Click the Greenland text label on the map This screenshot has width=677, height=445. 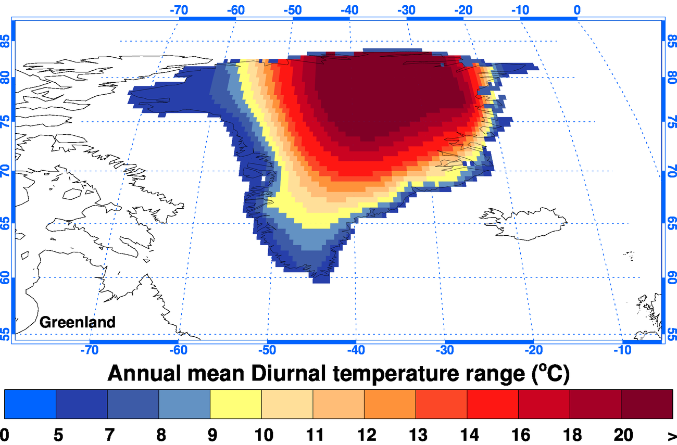[x=77, y=322]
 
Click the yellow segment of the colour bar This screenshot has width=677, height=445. [x=235, y=404]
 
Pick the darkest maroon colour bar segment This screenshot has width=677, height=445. [x=647, y=404]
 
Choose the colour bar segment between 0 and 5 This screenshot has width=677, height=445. [x=30, y=404]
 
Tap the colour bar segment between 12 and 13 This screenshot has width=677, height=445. [x=390, y=404]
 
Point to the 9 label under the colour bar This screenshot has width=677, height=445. [x=210, y=435]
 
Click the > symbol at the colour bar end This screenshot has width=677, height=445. [x=672, y=435]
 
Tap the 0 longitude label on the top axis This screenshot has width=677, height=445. [x=577, y=10]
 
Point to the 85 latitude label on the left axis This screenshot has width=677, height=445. [x=6, y=41]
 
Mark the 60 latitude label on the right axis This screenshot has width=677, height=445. [x=672, y=277]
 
